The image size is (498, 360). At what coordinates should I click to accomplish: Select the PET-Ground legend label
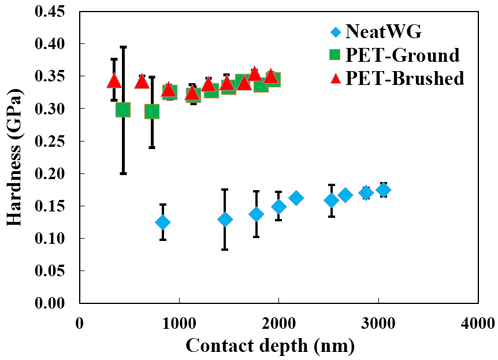403,55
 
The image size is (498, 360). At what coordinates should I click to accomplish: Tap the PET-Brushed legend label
404,78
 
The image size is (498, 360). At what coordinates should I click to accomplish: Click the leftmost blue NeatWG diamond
163,222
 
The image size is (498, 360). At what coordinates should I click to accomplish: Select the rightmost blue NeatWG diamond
383,190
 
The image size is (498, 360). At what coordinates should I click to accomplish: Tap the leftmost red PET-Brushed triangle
114,81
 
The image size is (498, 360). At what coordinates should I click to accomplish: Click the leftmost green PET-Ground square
123,110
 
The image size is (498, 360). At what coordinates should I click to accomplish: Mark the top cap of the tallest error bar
123,47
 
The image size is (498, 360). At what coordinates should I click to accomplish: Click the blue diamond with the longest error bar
225,219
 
